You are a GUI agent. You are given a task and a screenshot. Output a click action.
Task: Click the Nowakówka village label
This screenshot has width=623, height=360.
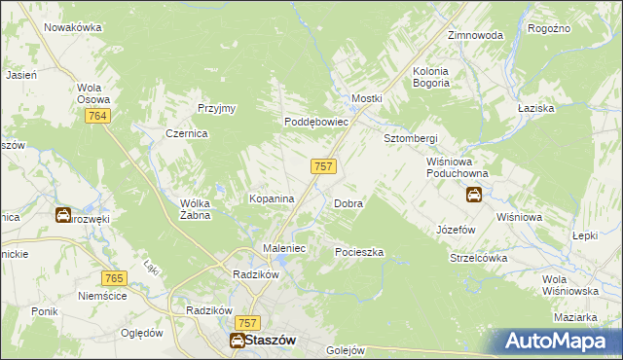point(73,27)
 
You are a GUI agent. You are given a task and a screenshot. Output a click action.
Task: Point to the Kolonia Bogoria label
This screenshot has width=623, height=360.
point(444,77)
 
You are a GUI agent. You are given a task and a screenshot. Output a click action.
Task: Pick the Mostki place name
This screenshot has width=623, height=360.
point(367,99)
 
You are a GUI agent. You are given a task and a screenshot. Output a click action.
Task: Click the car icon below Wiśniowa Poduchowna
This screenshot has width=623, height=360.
point(474,195)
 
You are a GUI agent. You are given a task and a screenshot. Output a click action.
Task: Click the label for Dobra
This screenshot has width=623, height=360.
point(348,204)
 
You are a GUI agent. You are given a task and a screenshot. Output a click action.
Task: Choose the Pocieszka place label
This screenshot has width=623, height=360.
point(359,252)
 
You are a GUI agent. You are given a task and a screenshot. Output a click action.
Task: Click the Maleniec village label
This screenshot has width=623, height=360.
point(285,249)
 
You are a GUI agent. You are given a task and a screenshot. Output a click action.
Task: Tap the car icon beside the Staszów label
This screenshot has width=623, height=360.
point(237,340)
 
